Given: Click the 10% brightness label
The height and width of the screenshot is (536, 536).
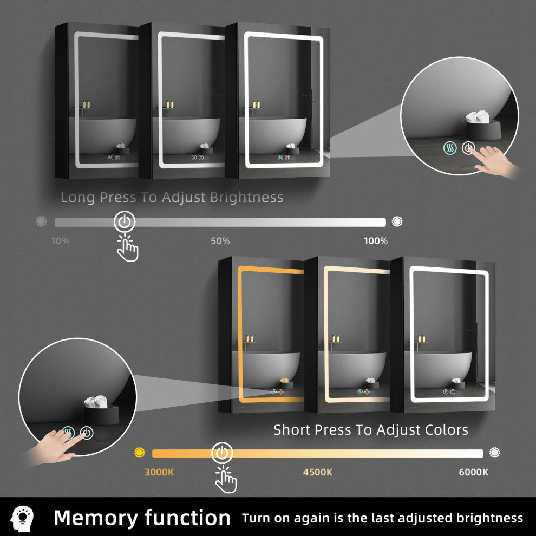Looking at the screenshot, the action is tap(60, 241).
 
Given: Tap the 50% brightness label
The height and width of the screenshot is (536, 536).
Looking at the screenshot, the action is tap(220, 241).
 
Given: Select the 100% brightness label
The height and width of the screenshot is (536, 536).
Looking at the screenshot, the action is tap(376, 241).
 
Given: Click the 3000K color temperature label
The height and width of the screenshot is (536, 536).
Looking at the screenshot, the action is tap(159, 472).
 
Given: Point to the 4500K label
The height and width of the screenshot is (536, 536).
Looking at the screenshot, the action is tap(318, 472).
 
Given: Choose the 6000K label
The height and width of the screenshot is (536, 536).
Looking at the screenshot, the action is tap(474, 472).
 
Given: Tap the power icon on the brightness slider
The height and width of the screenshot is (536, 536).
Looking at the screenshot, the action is tap(125, 222).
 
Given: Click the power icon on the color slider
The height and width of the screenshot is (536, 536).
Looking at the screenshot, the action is tap(222, 453).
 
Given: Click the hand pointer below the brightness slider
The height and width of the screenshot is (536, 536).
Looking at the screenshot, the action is tap(127, 248).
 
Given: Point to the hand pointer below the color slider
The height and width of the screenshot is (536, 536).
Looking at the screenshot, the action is tap(226, 479).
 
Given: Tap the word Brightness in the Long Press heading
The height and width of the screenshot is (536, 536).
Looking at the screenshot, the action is tap(246, 197).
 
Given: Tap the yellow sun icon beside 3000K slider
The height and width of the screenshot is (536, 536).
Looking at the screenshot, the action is tap(140, 453).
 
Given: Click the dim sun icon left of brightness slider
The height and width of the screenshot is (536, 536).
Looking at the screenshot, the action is tap(41, 221).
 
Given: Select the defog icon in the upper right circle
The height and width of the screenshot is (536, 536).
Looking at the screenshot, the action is tap(450, 148).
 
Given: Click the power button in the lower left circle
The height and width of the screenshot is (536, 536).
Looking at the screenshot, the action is tap(87, 433).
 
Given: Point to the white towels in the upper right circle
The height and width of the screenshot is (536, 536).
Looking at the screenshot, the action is tap(478, 116).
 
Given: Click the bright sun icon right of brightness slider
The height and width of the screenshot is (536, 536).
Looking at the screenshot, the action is tap(397, 221).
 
